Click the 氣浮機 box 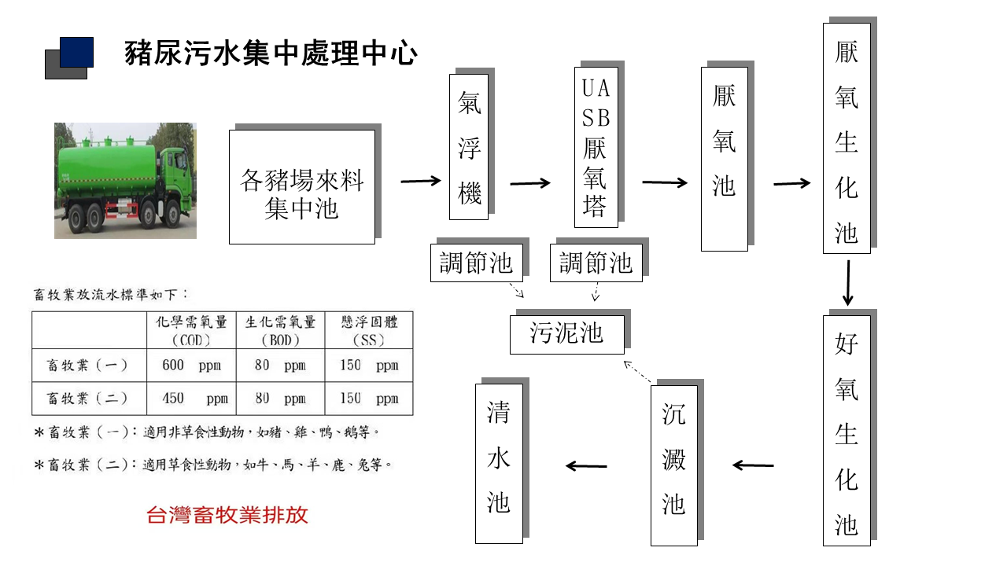click(x=469, y=147)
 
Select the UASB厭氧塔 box click(x=596, y=147)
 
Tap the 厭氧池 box click(x=724, y=159)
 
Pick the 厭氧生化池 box click(x=847, y=138)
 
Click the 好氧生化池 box click(x=847, y=430)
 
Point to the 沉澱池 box click(x=673, y=465)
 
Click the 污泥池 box click(x=566, y=333)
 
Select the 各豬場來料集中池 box click(x=301, y=187)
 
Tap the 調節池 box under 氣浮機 click(x=476, y=263)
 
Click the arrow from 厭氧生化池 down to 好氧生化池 click(x=847, y=283)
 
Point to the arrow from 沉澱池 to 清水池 click(x=586, y=466)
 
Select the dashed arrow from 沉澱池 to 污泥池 click(x=638, y=373)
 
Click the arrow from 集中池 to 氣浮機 click(x=421, y=182)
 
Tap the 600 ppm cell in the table click(x=191, y=366)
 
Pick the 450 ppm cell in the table click(x=191, y=399)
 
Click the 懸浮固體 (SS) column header click(x=369, y=331)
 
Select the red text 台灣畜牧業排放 click(x=227, y=516)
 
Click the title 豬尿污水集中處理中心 click(x=271, y=53)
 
